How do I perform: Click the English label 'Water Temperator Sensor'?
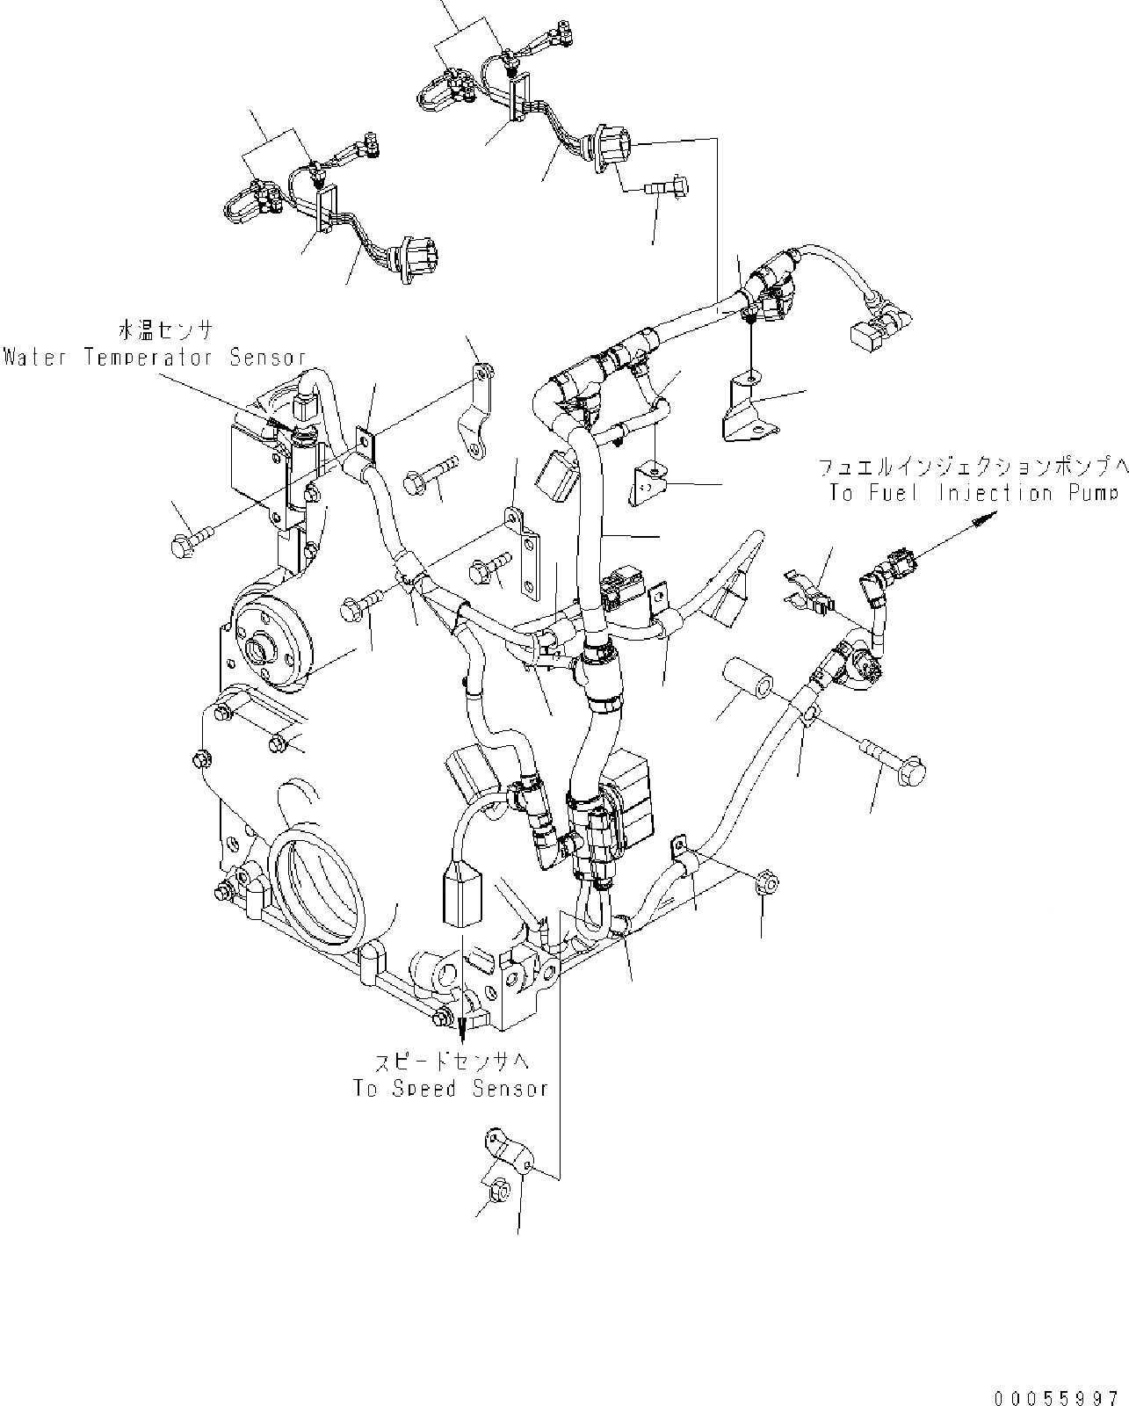point(155,358)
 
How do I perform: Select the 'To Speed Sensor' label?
point(451,1088)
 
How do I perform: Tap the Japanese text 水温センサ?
point(164,330)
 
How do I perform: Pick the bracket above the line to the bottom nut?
point(509,1151)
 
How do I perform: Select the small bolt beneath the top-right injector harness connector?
point(668,187)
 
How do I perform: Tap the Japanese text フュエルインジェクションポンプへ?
point(972,465)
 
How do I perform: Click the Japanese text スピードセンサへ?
point(450,1062)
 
